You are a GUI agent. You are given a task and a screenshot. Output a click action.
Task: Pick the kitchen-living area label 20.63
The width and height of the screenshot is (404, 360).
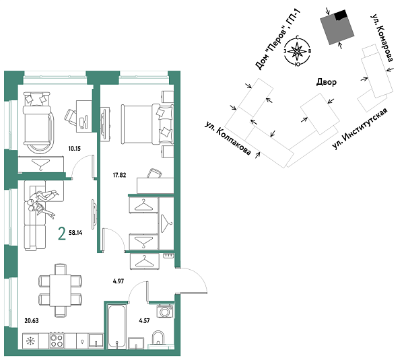coord(32,321)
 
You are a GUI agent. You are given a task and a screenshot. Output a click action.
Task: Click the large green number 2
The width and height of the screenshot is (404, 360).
coord(62,234)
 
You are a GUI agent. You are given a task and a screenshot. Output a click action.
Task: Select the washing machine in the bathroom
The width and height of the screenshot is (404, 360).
coord(164,312)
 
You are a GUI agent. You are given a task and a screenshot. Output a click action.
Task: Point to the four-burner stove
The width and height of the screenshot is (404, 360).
coord(57,342)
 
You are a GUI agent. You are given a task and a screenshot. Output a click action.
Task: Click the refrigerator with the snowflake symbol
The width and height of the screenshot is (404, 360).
coord(31,342)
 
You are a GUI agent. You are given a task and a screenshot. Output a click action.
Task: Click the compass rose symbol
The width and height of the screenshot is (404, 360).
coord(298,51)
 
